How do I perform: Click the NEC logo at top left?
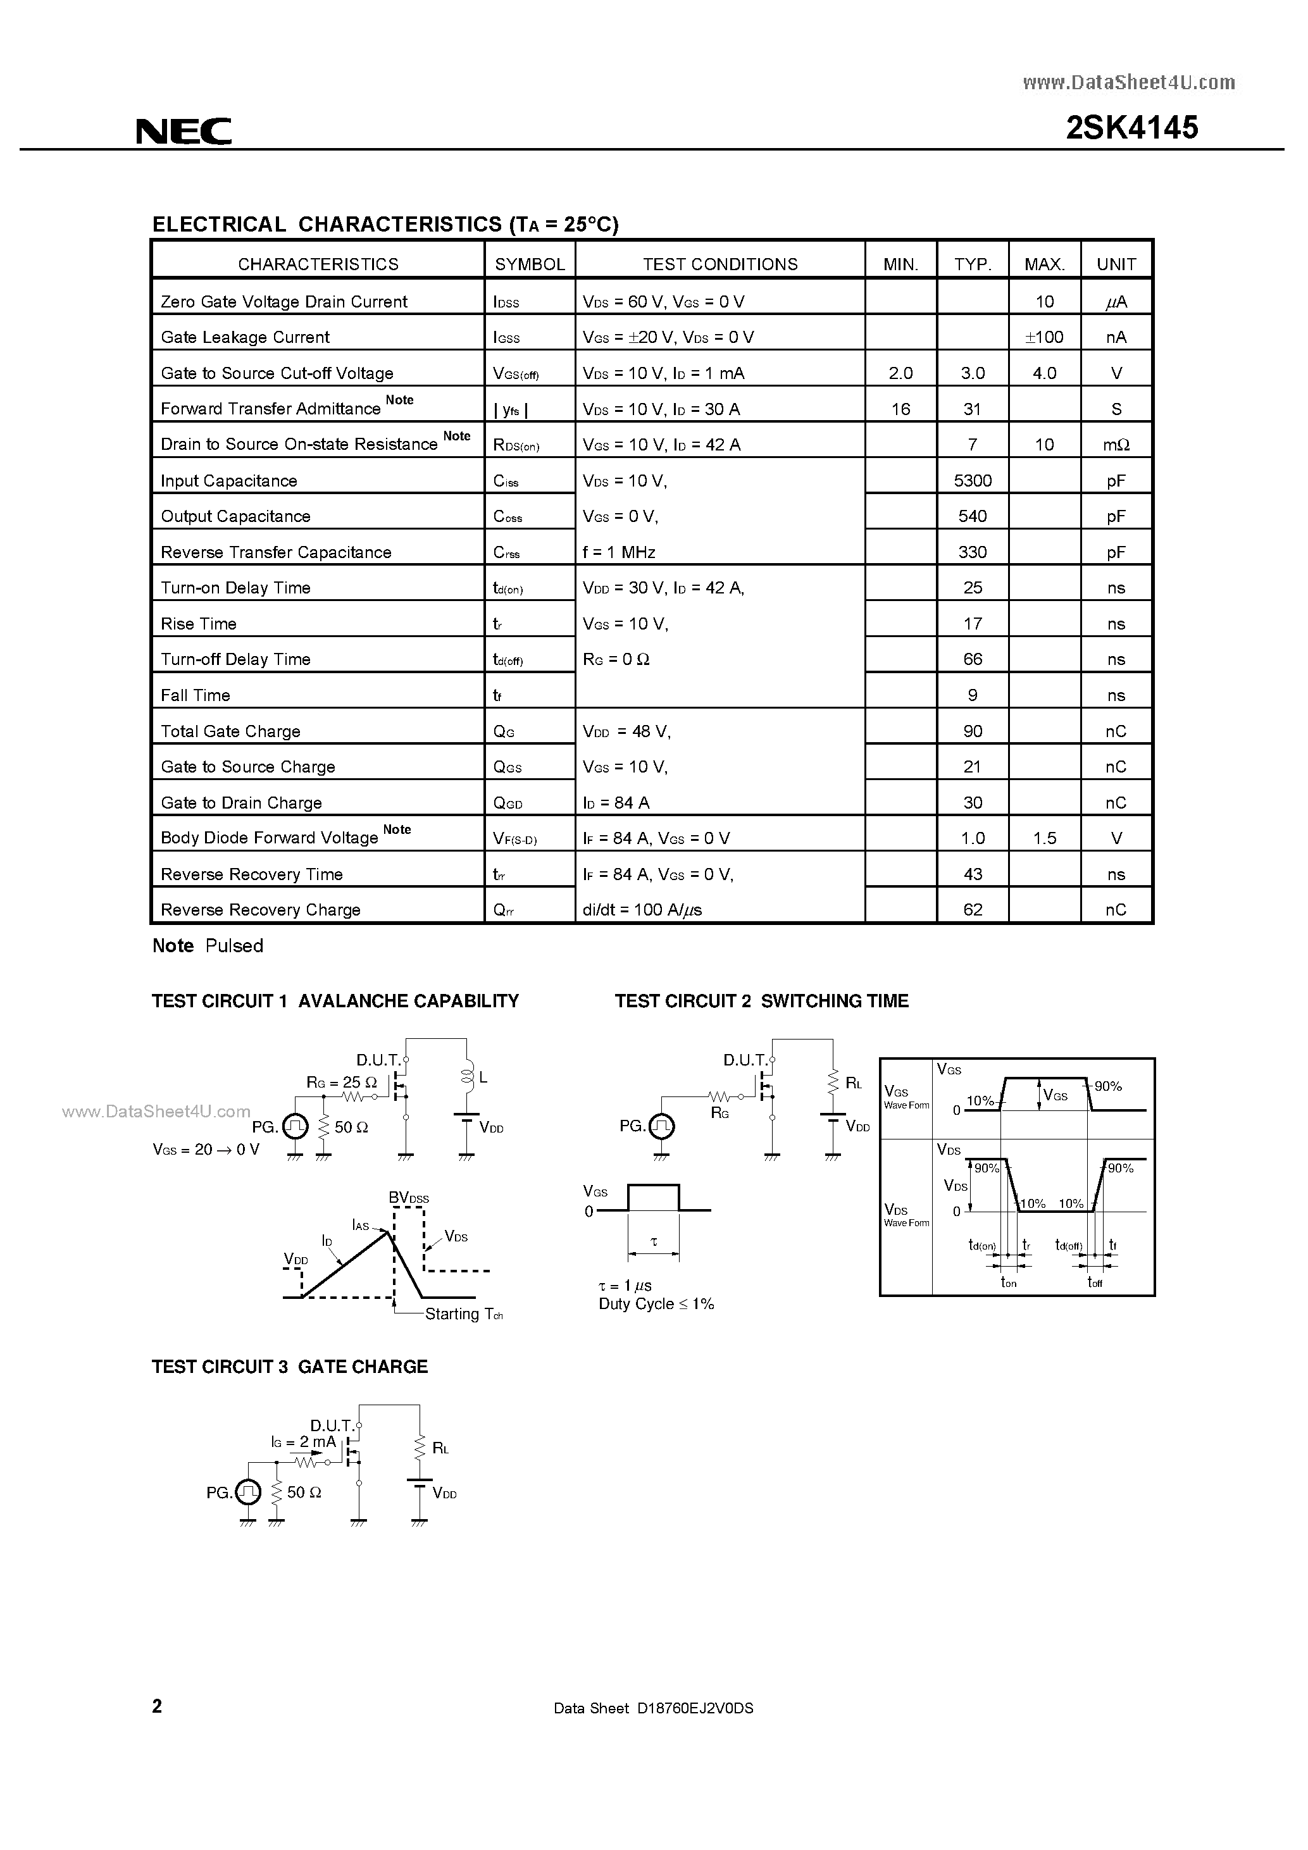pyautogui.click(x=184, y=130)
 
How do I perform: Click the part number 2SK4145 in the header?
pyautogui.click(x=1131, y=128)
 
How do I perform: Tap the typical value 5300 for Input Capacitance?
pyautogui.click(x=972, y=481)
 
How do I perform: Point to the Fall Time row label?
pyautogui.click(x=195, y=695)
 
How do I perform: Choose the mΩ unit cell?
pyautogui.click(x=1116, y=445)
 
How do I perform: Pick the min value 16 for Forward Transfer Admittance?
pyautogui.click(x=900, y=409)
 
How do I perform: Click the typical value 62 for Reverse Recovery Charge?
pyautogui.click(x=972, y=910)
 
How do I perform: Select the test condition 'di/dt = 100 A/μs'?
pyautogui.click(x=642, y=910)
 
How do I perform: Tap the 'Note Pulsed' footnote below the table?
pyautogui.click(x=208, y=946)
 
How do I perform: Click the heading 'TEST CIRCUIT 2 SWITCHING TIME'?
pyautogui.click(x=762, y=1001)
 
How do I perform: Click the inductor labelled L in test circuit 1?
pyautogui.click(x=466, y=1076)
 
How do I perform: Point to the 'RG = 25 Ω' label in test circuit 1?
pyautogui.click(x=341, y=1082)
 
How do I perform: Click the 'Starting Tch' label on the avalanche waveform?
pyautogui.click(x=463, y=1314)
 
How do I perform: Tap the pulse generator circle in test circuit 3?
pyautogui.click(x=247, y=1493)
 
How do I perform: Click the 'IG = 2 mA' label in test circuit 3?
pyautogui.click(x=303, y=1441)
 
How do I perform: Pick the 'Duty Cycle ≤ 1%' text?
pyautogui.click(x=656, y=1304)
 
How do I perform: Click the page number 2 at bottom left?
pyautogui.click(x=157, y=1706)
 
